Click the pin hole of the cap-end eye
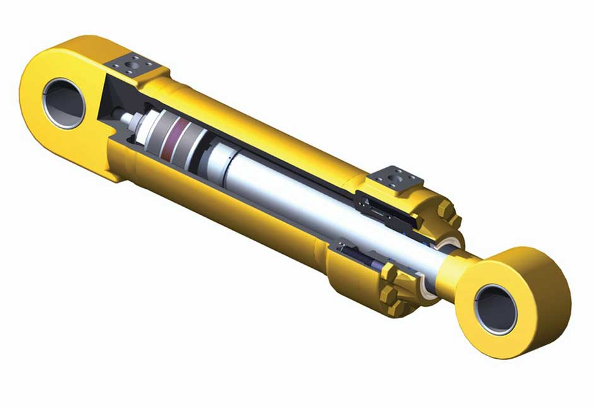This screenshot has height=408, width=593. click(64, 102)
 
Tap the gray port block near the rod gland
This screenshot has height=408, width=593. click(396, 178)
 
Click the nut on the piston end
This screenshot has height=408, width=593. click(129, 119)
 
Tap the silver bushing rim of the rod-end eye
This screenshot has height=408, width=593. click(479, 316)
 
